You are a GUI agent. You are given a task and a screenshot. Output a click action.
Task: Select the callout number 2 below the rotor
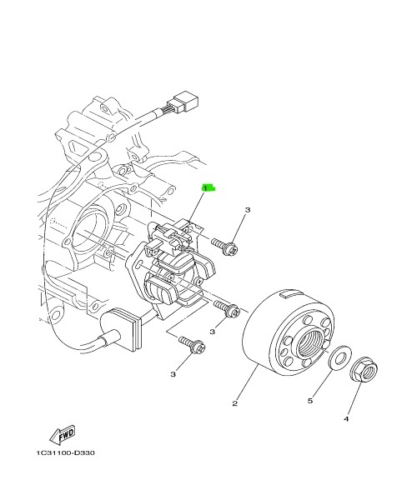click(235, 403)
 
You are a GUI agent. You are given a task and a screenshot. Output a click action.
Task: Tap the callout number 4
click(346, 418)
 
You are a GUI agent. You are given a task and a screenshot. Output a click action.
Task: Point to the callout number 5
click(310, 401)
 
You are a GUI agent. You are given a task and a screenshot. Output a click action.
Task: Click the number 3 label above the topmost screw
click(248, 210)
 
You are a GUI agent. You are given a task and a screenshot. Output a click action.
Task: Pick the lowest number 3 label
click(173, 374)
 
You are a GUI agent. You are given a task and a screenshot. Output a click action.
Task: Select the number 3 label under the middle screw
click(213, 332)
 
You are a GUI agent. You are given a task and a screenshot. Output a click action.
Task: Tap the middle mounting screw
click(227, 308)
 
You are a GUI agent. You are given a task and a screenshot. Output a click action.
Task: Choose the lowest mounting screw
click(192, 345)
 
